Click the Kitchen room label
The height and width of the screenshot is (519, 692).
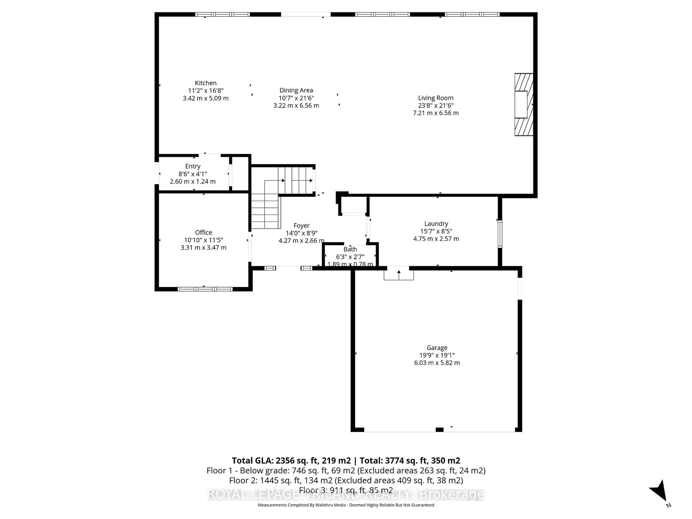pos(206,83)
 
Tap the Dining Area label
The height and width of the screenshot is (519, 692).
pos(296,90)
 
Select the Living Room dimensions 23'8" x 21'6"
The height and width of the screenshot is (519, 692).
pos(435,105)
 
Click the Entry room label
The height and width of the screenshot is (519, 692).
pos(192,166)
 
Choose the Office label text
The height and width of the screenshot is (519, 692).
pos(203,232)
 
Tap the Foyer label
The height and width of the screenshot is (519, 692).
pos(301,226)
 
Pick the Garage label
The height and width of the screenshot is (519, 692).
pos(437,348)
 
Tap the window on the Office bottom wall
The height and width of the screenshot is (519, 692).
pos(205,289)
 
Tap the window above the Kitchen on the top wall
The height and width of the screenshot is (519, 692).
pos(222,14)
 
